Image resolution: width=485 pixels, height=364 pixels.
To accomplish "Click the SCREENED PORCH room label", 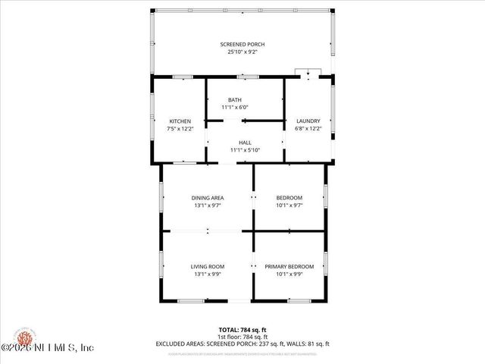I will coord(243,45).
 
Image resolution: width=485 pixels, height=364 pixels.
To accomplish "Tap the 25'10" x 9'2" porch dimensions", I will coord(243,52).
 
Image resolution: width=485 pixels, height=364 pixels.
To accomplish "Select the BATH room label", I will coord(235,100).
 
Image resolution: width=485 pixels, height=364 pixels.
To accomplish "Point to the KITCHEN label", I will coord(180,121).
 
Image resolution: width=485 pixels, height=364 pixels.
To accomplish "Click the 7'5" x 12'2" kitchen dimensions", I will coord(180,129).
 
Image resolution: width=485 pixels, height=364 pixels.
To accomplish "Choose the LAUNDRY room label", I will coord(308,121).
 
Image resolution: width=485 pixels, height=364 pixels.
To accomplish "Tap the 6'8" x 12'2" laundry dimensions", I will coord(308,129).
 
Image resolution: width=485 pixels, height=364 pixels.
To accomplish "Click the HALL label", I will coord(245,143).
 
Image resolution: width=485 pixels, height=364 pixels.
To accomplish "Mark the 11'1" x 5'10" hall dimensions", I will coord(245,150).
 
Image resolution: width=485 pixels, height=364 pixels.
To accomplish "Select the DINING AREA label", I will coord(207,198).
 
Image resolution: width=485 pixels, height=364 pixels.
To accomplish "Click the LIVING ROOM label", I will coord(207,266).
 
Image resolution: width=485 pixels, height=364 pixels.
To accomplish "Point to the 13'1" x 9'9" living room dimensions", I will coord(207,274).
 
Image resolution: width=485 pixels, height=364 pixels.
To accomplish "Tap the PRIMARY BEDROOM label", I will coord(289,266).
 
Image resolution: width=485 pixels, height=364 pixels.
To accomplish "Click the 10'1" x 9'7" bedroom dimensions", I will coord(289,206).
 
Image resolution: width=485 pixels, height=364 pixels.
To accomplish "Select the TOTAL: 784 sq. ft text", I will coord(242,330).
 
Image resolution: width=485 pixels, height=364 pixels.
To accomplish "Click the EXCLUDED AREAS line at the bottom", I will coord(242,344).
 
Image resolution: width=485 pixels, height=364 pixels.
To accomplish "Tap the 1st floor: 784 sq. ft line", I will coord(242,337).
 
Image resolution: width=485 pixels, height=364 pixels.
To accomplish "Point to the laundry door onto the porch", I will coord(309,74).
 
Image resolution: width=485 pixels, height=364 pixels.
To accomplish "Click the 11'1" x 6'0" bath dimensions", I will coord(235,108).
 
